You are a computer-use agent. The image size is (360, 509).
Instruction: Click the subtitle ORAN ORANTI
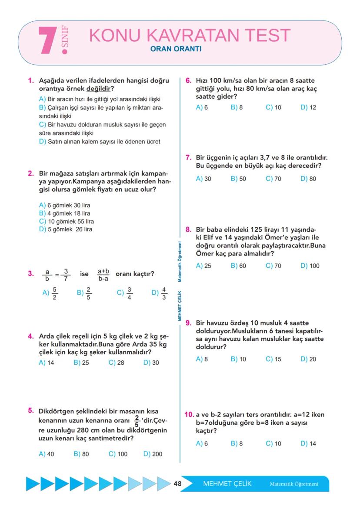point(175,49)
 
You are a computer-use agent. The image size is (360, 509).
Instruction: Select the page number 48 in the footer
point(177,484)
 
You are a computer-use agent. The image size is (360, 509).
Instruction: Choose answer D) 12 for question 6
point(308,107)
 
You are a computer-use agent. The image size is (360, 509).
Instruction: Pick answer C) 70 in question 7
point(273,179)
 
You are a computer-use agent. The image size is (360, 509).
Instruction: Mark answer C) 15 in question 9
point(273,359)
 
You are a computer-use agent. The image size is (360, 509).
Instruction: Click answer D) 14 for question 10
point(308,443)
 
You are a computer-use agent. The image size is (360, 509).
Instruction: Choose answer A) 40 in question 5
point(47,454)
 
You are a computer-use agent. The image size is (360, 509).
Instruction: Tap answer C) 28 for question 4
point(116,363)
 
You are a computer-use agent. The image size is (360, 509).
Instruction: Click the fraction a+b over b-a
point(103,274)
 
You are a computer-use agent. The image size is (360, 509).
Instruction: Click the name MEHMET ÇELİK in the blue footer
point(227,484)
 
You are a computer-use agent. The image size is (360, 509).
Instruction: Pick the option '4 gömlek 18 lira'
point(65,213)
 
